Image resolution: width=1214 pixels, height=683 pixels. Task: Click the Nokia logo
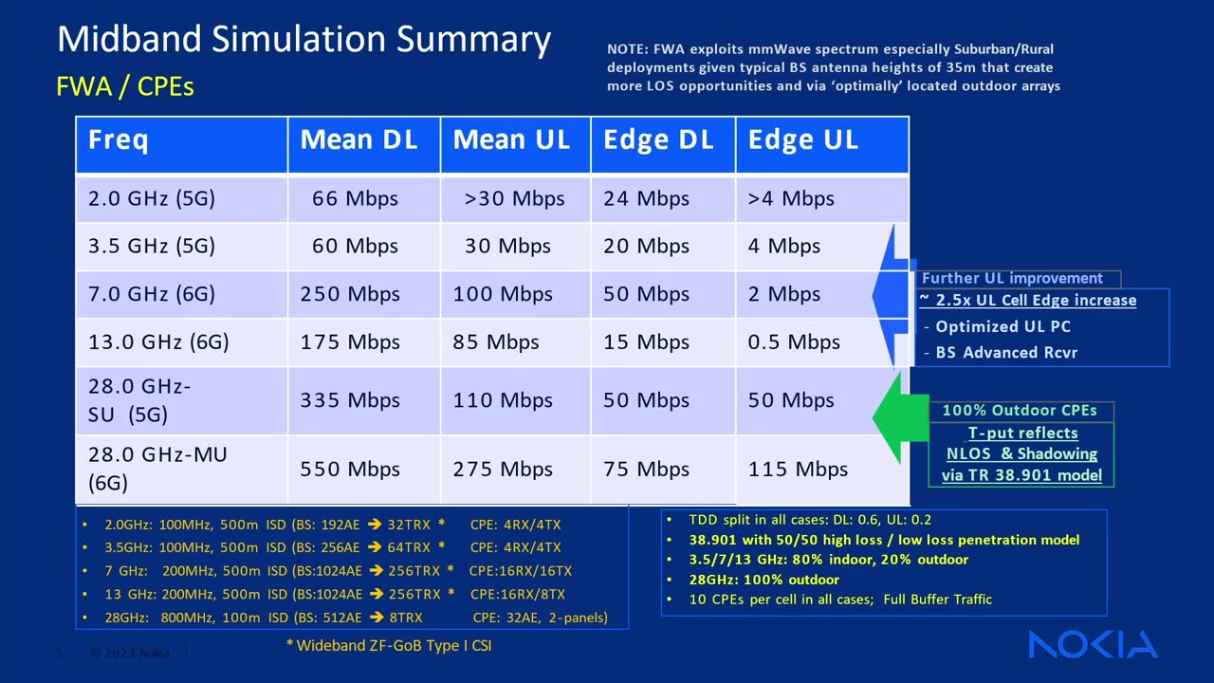(x=1093, y=644)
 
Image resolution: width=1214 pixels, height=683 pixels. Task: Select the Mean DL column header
(x=359, y=140)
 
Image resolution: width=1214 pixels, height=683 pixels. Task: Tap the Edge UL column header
(x=802, y=140)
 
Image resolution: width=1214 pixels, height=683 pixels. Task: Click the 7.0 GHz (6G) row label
(x=152, y=294)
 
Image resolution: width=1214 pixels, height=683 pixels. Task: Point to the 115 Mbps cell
(x=798, y=469)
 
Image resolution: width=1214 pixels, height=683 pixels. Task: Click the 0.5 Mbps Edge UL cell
(x=794, y=341)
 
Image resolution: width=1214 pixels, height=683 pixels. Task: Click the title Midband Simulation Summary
(x=303, y=40)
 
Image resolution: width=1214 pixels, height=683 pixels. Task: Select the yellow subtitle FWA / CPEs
(x=125, y=86)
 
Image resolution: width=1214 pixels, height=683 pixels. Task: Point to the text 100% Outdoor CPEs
(x=1020, y=411)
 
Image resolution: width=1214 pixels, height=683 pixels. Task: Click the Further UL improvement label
(x=1012, y=278)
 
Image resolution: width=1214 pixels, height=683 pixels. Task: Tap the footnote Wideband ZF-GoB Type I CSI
(x=389, y=646)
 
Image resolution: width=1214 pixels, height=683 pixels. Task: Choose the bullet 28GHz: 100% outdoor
(x=763, y=580)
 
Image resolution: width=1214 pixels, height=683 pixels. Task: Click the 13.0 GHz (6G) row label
(x=158, y=341)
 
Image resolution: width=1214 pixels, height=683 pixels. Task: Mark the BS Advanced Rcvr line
(x=1006, y=353)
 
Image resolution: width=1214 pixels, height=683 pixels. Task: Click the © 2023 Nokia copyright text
(x=129, y=653)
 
